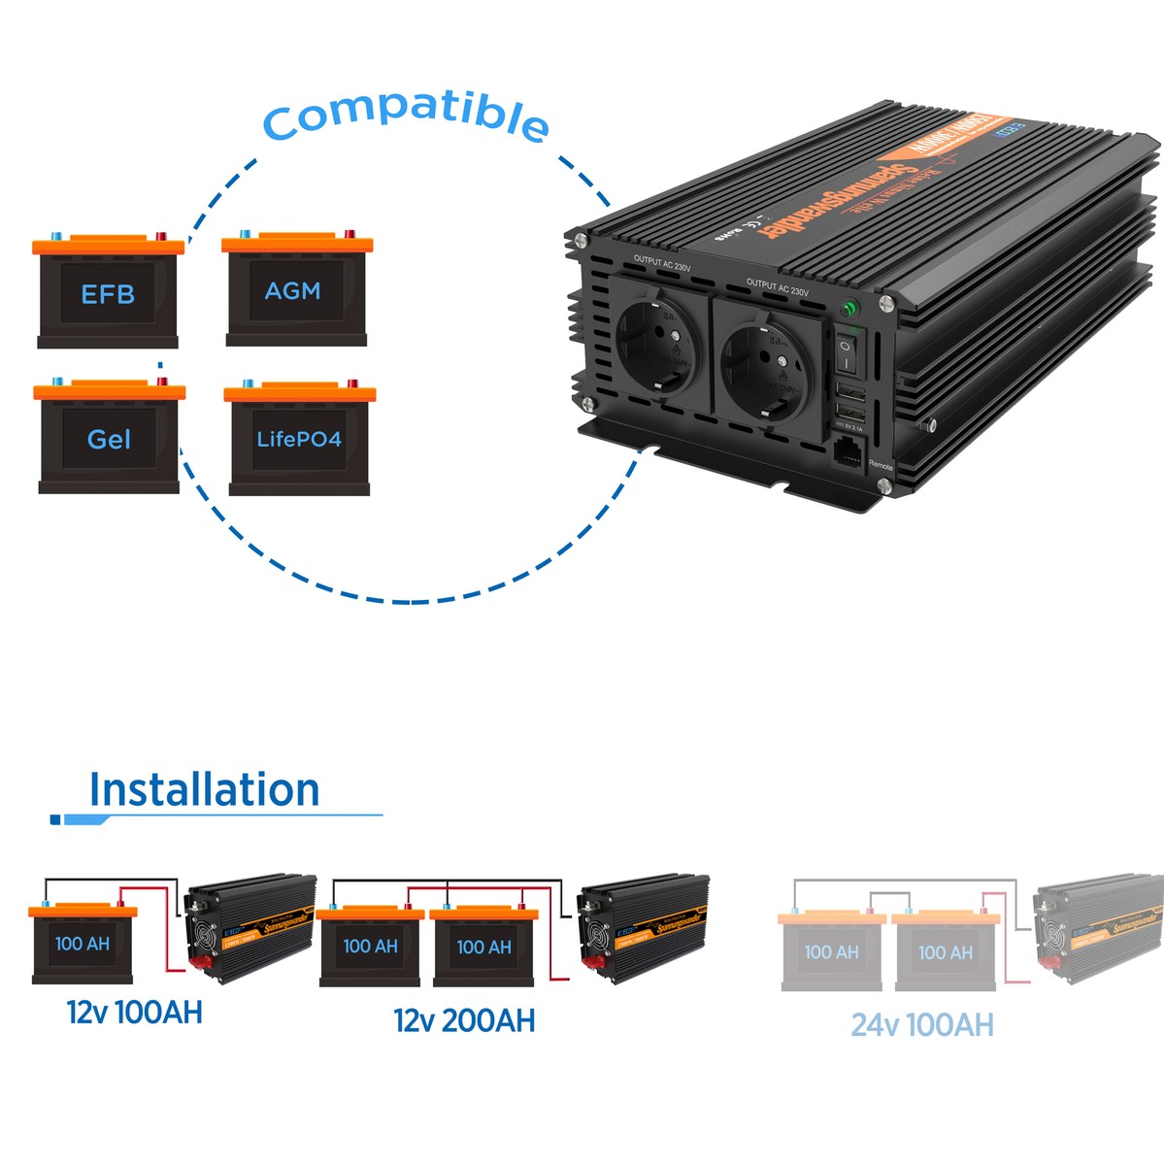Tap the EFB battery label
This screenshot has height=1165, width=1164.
[108, 294]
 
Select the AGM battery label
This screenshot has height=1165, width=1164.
[292, 290]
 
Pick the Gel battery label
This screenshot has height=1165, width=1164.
[109, 440]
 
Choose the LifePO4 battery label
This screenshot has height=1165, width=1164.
[299, 440]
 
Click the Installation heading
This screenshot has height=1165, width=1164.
[204, 790]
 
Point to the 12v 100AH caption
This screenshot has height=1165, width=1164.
[135, 1013]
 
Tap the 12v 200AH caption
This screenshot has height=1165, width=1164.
[464, 1020]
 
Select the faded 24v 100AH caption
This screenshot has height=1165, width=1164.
[922, 1025]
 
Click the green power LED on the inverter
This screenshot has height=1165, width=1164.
[849, 309]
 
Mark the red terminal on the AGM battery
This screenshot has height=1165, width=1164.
[349, 234]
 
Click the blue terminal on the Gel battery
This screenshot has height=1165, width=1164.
[55, 383]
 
